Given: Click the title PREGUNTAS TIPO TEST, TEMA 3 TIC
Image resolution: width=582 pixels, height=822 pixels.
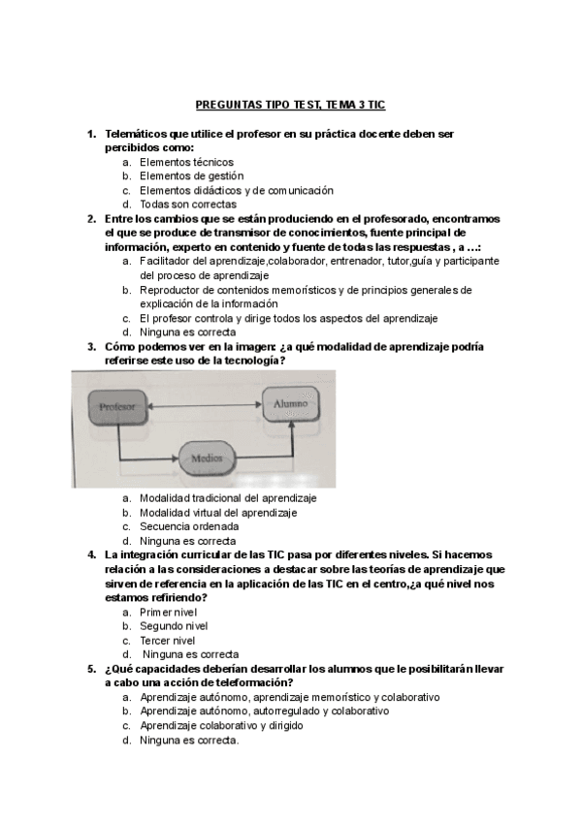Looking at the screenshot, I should tap(291, 104).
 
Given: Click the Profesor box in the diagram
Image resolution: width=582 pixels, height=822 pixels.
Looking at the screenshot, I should tap(115, 406).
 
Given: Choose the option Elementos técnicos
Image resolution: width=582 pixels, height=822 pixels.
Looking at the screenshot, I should tap(186, 162).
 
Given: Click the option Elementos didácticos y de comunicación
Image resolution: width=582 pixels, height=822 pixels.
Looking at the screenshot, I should tap(236, 190).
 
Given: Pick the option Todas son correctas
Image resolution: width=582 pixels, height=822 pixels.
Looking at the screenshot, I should tap(187, 205).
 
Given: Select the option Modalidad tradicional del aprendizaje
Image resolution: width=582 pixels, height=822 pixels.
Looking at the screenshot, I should tap(228, 498).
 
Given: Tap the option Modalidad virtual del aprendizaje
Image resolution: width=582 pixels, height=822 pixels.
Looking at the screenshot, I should tap(218, 513).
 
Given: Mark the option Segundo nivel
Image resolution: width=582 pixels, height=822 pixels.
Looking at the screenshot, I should tap(174, 626).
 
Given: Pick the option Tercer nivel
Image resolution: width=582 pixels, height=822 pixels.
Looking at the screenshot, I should tap(167, 640).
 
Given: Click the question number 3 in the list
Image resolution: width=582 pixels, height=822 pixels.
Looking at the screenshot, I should tap(90, 346).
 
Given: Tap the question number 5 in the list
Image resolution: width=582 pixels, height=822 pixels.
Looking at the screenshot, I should tap(90, 669).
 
